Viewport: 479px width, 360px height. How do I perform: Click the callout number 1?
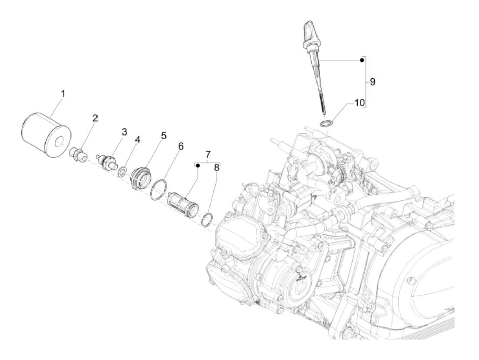[x=63, y=94]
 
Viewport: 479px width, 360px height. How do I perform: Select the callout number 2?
[x=95, y=118]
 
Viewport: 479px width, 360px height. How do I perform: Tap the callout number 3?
[x=124, y=132]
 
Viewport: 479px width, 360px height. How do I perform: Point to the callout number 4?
[x=137, y=140]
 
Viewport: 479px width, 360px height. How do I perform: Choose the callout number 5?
[x=164, y=136]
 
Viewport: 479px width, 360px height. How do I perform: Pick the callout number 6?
[x=181, y=146]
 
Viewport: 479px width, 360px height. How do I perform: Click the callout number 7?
[x=208, y=155]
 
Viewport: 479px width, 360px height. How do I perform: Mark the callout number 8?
[x=216, y=168]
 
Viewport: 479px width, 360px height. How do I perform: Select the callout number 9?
[x=372, y=82]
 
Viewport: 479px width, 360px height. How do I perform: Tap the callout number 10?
[x=359, y=103]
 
